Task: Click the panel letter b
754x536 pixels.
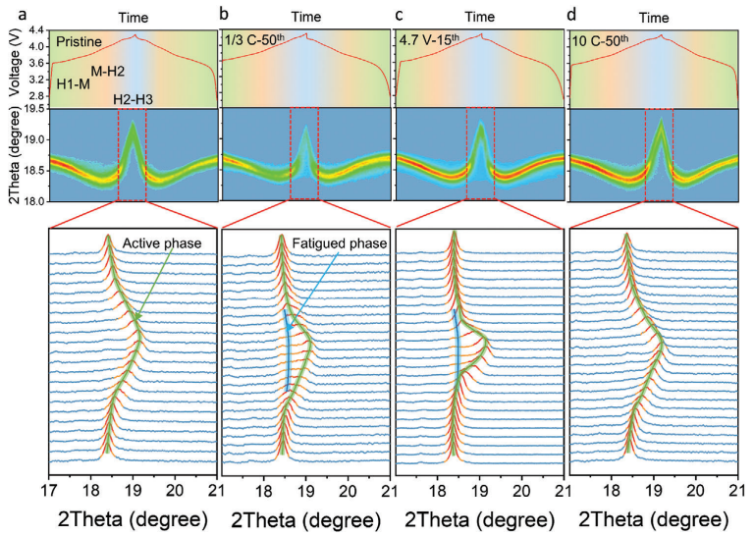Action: click(x=225, y=14)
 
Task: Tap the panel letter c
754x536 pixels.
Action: click(x=397, y=14)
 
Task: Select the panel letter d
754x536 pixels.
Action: click(x=570, y=14)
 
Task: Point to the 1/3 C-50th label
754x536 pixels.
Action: click(x=254, y=42)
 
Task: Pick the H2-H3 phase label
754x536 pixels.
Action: click(x=133, y=98)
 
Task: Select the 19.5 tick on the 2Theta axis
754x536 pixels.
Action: click(x=33, y=109)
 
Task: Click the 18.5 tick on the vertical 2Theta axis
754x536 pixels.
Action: click(x=33, y=171)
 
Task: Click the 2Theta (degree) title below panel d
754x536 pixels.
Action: click(x=653, y=517)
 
